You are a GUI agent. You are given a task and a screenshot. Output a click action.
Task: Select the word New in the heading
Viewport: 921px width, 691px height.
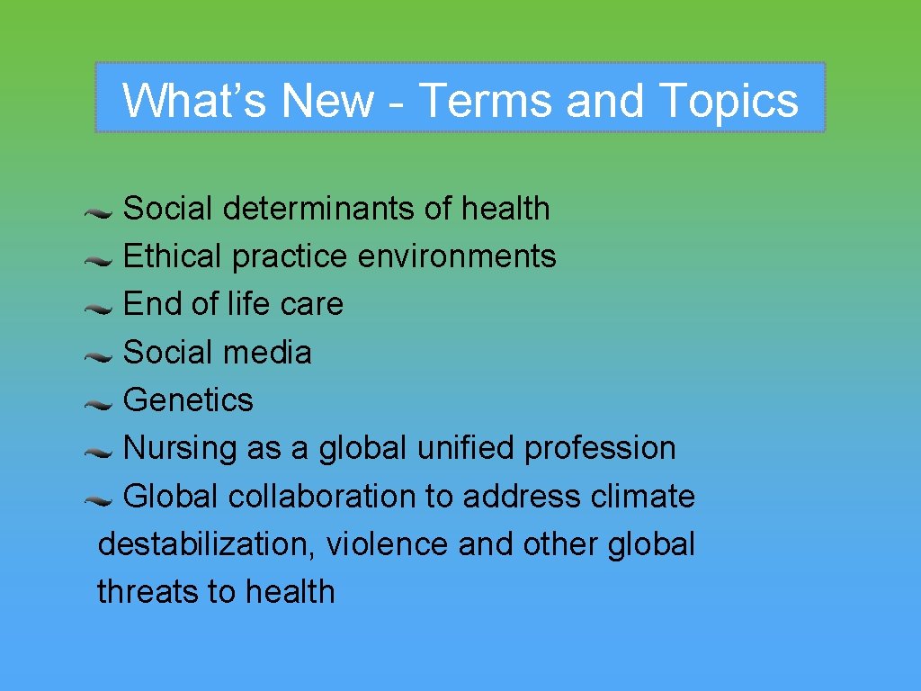click(x=328, y=100)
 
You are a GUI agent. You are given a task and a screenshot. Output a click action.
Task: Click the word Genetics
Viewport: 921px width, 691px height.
click(x=188, y=399)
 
